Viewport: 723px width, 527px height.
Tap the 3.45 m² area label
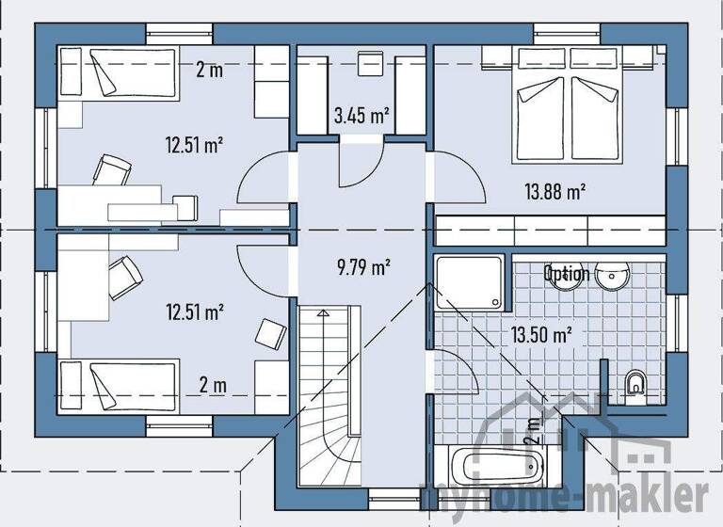tap(361, 117)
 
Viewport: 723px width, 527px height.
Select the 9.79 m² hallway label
tap(362, 267)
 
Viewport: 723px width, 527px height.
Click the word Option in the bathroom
tap(566, 274)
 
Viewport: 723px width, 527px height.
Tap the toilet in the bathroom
tap(636, 383)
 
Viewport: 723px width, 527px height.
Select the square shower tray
tap(470, 284)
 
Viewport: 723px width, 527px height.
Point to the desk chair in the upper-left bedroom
tap(111, 171)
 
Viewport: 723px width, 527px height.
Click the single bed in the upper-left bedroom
tap(120, 73)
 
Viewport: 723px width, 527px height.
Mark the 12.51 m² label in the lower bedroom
tap(194, 311)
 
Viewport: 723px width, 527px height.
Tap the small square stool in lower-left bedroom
tap(272, 332)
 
